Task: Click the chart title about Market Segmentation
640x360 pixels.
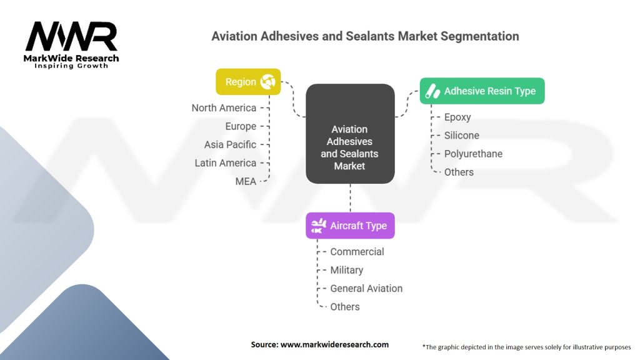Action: click(365, 36)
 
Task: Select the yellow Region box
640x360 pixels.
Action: click(248, 82)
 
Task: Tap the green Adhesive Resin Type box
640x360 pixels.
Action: click(482, 91)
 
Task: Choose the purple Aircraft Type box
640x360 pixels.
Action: click(350, 226)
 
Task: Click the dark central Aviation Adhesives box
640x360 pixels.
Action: click(350, 134)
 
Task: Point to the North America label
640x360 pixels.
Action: click(224, 108)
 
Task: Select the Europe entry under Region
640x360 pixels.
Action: click(241, 126)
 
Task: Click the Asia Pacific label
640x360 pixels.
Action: click(230, 144)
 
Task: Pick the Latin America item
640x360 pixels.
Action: click(226, 162)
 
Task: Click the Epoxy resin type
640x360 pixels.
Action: click(457, 117)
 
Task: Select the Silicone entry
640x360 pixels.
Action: click(462, 135)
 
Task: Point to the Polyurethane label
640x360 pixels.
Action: click(473, 154)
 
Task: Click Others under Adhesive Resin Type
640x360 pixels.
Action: click(459, 172)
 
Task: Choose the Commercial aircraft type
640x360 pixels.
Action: click(357, 252)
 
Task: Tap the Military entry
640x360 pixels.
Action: click(346, 270)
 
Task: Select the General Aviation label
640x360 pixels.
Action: click(366, 288)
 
